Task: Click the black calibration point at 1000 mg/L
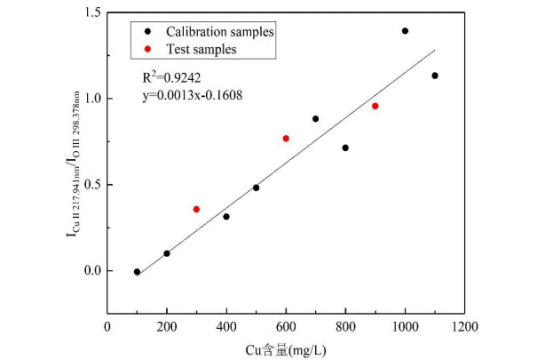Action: tap(405, 31)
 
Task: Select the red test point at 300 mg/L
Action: tap(196, 209)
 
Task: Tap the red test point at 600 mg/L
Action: tap(286, 138)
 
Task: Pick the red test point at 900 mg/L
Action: tap(375, 106)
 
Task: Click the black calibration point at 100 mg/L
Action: tap(137, 272)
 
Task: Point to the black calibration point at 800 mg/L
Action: tap(346, 148)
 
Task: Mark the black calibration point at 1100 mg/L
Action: tap(435, 76)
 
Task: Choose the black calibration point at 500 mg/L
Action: tap(256, 188)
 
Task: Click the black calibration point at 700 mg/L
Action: tap(316, 119)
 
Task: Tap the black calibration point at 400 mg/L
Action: tap(226, 217)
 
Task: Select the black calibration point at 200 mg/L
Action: tap(167, 253)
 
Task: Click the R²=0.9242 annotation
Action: tap(172, 77)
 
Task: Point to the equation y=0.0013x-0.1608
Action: tap(193, 95)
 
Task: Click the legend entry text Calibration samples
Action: tap(220, 32)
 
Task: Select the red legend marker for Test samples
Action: tap(148, 49)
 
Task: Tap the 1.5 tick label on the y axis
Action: tap(93, 12)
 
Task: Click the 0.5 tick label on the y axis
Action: tap(93, 184)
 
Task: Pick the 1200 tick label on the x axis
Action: tap(464, 327)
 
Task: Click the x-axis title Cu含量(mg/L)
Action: tap(286, 350)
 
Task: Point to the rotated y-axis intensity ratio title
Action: tap(73, 164)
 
